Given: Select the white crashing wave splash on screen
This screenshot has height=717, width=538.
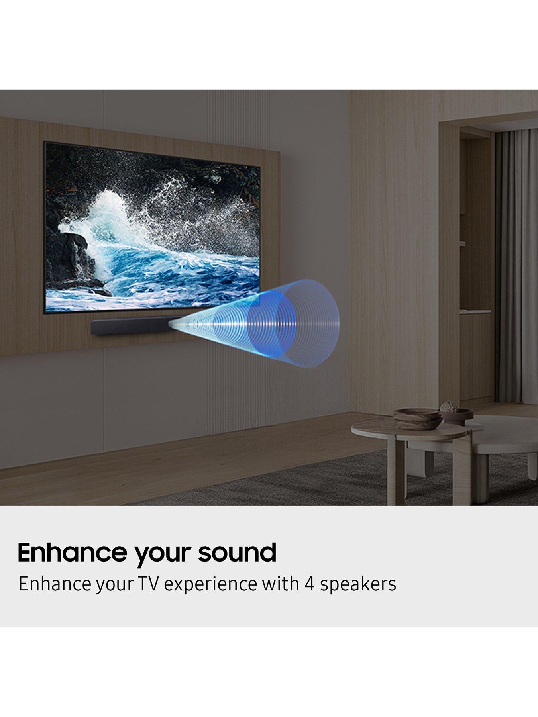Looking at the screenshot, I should pos(120,223).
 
